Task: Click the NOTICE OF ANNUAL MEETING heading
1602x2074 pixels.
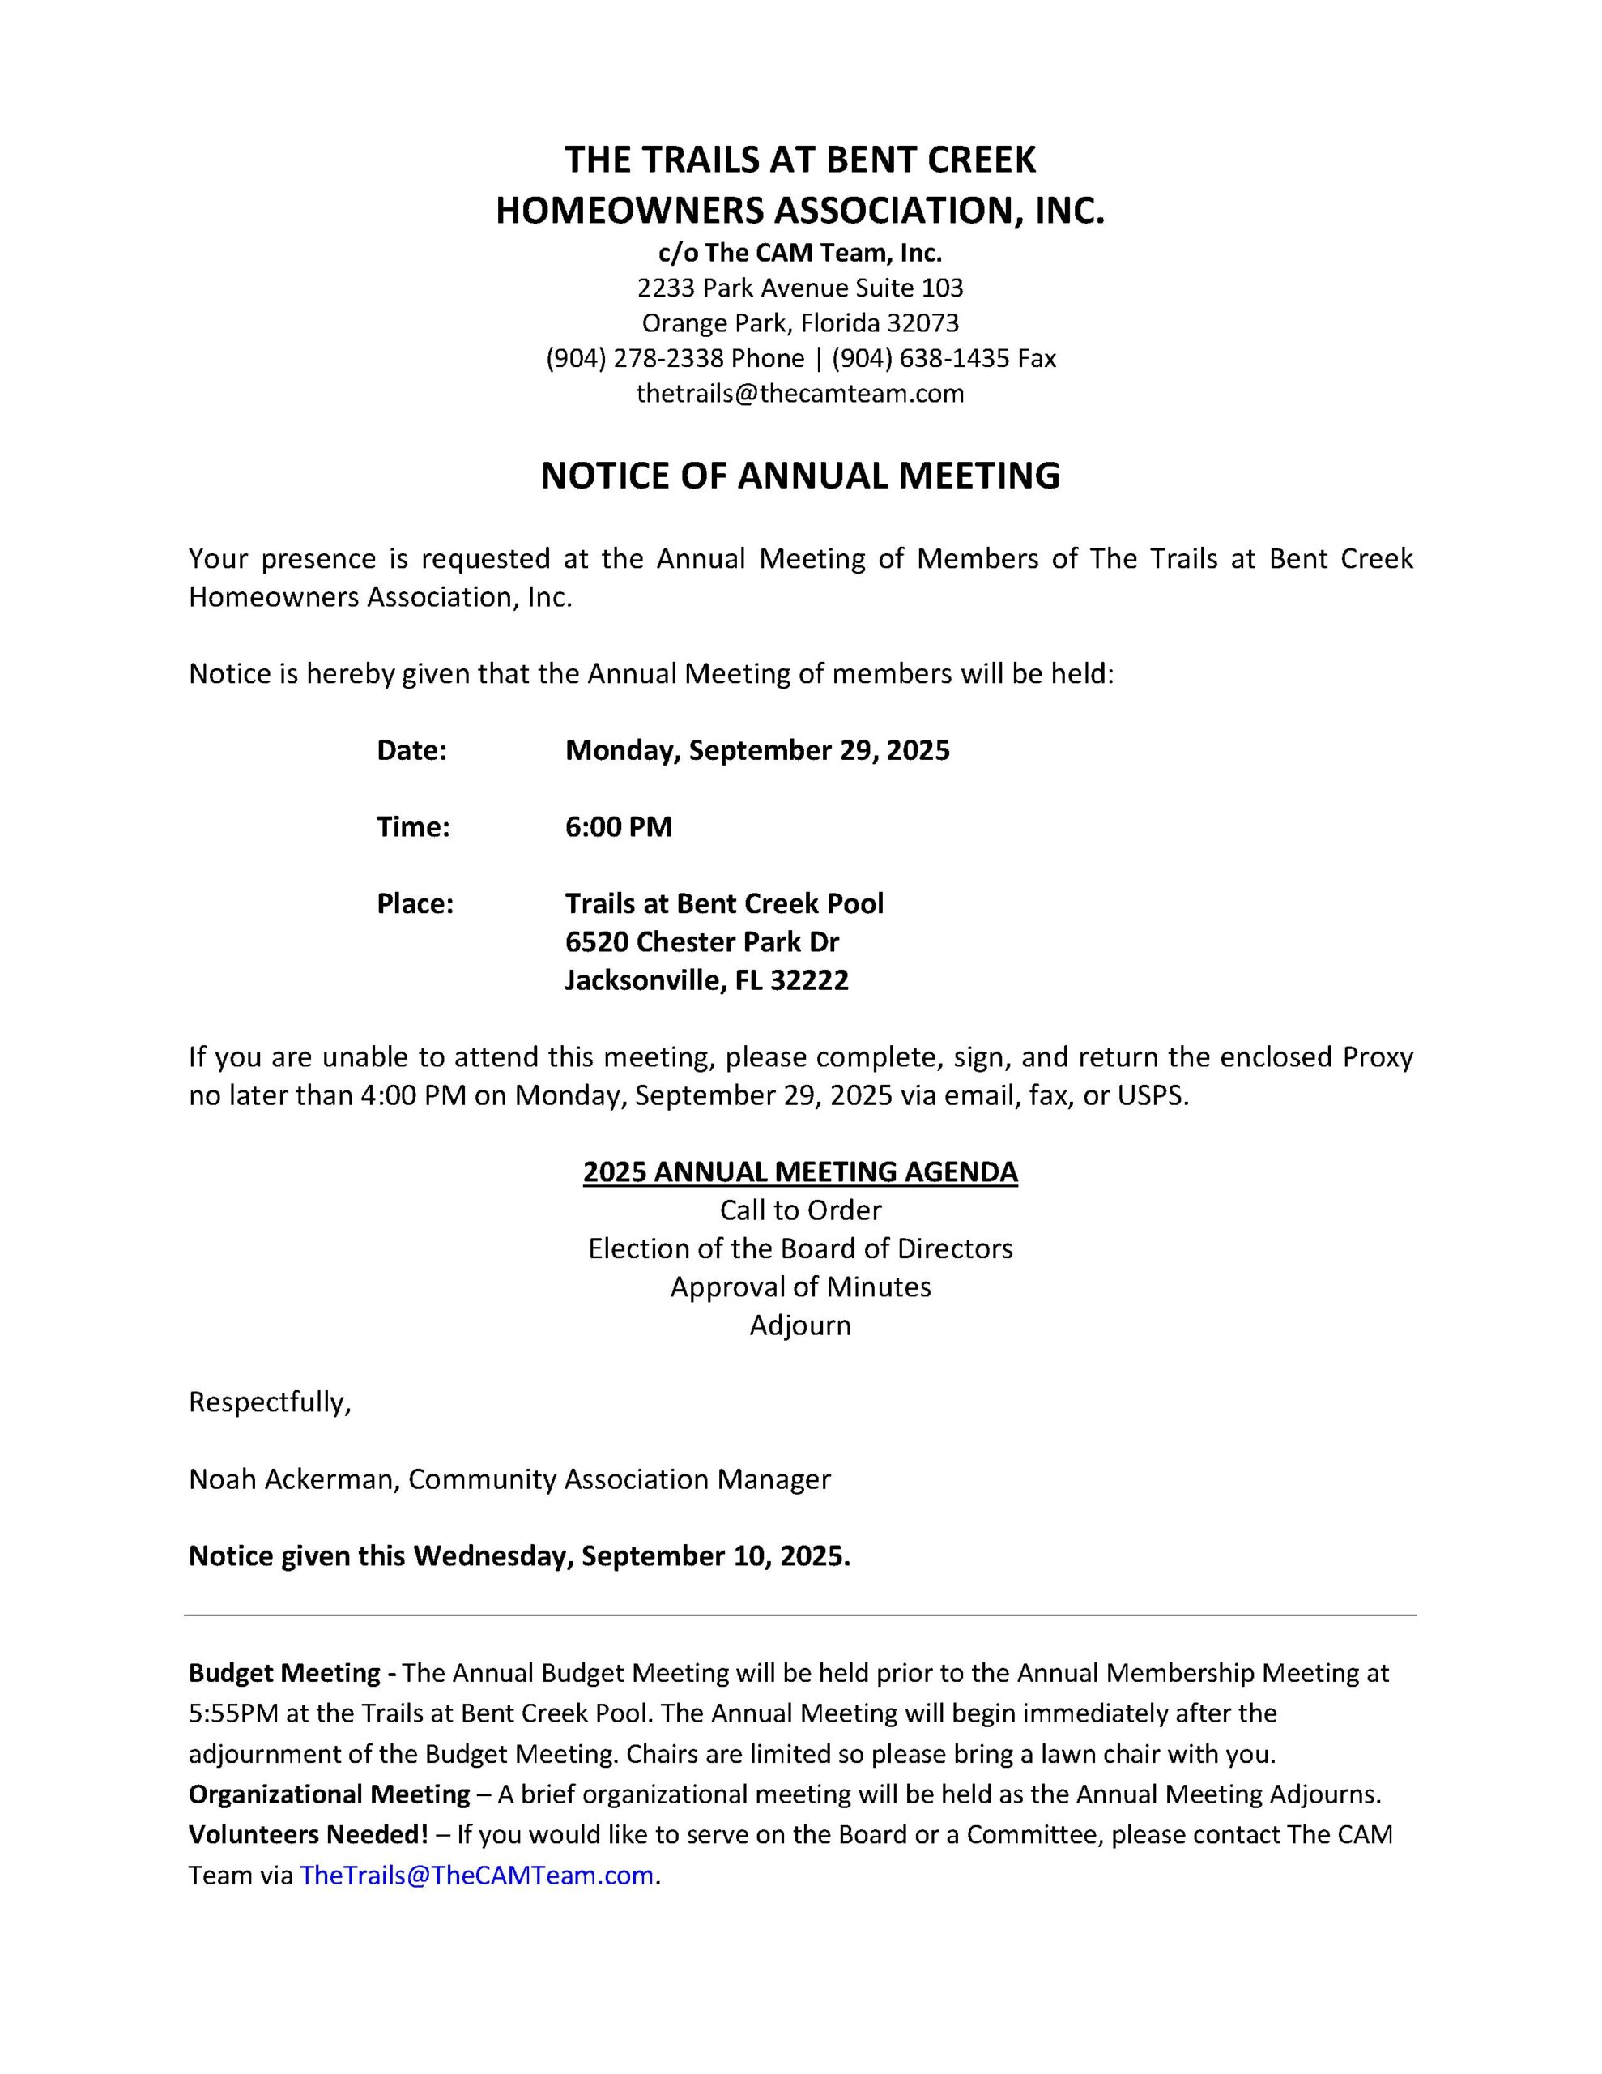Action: tap(799, 476)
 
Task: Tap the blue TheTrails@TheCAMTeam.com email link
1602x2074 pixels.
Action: tap(477, 1875)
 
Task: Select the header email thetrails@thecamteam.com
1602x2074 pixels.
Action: tap(799, 393)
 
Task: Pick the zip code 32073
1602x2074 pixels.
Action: tap(923, 323)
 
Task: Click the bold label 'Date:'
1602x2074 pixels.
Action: tap(411, 750)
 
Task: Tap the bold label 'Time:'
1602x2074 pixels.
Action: tap(413, 827)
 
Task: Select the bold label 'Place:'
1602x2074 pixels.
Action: tap(415, 903)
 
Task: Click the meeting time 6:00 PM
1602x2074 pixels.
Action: tap(618, 827)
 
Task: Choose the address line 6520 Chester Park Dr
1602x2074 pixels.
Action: tap(701, 941)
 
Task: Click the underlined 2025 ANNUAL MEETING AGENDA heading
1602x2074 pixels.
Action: tap(799, 1171)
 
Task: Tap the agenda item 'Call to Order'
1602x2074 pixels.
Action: tap(799, 1210)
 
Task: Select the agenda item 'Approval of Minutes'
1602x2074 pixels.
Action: tap(799, 1287)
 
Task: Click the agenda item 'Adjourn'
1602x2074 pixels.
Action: tap(799, 1325)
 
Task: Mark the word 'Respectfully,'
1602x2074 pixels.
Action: tap(270, 1402)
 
